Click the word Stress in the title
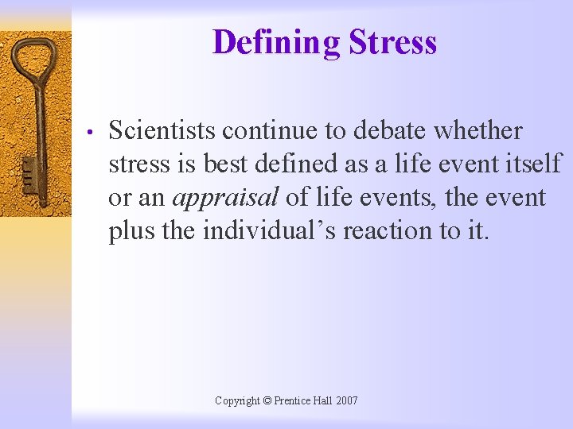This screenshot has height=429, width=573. point(392,42)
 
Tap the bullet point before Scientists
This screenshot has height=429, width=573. point(92,132)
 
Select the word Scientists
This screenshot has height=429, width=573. point(163,130)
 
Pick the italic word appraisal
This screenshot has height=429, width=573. point(224,197)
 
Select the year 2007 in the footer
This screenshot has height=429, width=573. point(346,401)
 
